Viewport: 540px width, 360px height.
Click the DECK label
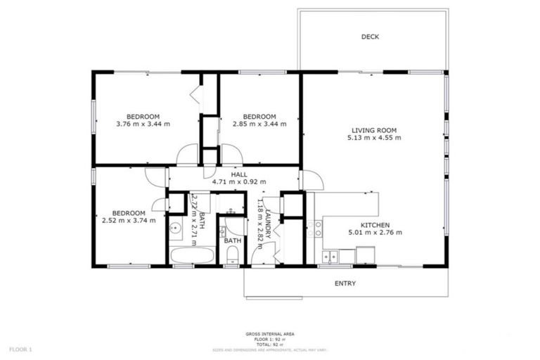(x=370, y=37)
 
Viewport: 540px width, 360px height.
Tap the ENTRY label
(x=345, y=284)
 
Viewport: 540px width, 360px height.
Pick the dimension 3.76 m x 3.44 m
(x=143, y=124)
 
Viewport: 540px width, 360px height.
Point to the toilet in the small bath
(x=233, y=257)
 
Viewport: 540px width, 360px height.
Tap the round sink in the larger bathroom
(x=176, y=229)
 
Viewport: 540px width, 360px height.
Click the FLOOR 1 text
(x=20, y=349)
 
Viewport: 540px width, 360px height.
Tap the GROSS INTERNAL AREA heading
(x=269, y=335)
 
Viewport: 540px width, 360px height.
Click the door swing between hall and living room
(x=314, y=180)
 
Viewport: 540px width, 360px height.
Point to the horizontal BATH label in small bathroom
(x=232, y=240)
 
